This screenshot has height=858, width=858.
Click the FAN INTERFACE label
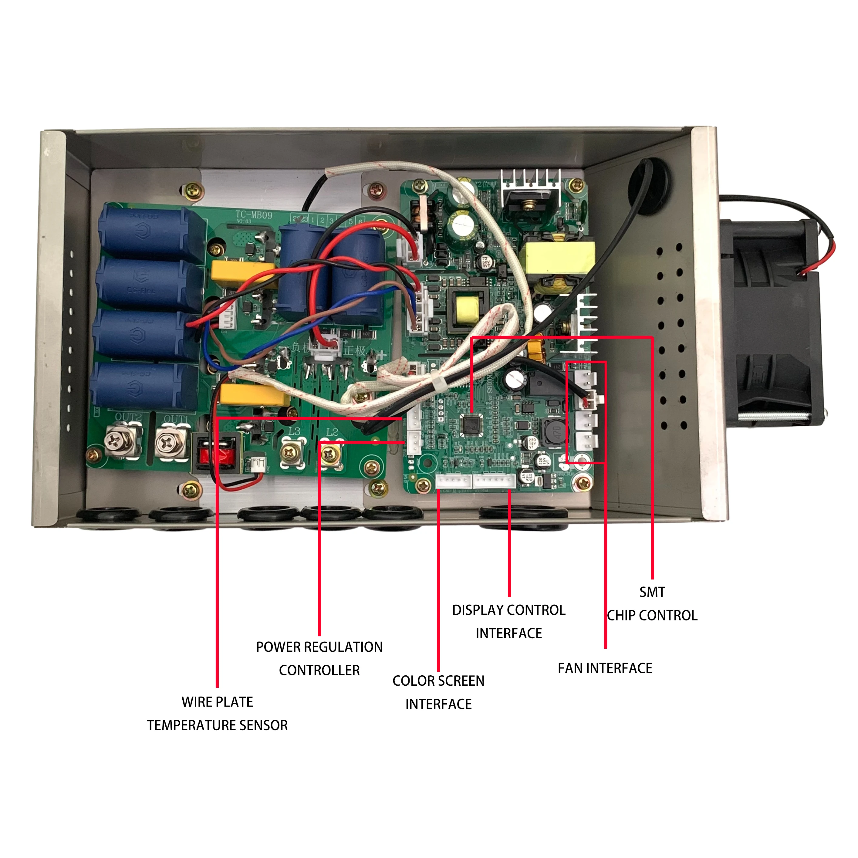click(x=605, y=668)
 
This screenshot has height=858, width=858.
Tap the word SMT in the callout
click(x=652, y=592)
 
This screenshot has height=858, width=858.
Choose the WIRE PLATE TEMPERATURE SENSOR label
click(x=217, y=714)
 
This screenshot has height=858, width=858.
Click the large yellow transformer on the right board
click(x=559, y=258)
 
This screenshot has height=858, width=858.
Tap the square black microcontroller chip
click(x=472, y=424)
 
